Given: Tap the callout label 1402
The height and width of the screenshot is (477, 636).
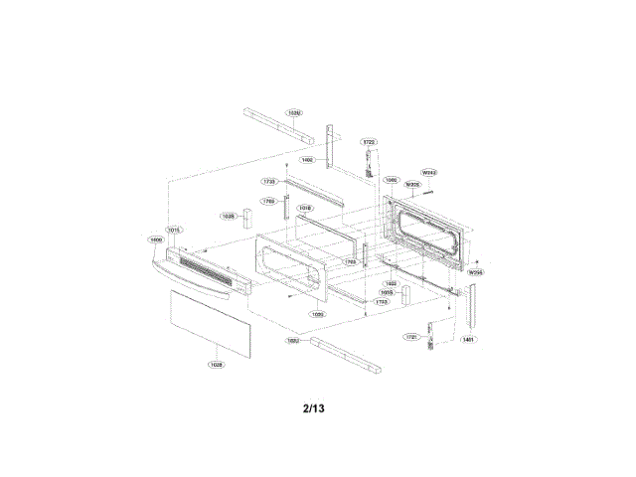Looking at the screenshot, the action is [x=307, y=159].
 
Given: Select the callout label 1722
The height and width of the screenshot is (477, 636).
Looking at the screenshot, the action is [x=368, y=142].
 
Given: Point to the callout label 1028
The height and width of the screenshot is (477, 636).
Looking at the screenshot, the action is [x=216, y=365].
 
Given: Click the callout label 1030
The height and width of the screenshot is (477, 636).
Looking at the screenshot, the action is [x=317, y=313].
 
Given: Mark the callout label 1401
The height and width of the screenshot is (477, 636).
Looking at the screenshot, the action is [x=467, y=339].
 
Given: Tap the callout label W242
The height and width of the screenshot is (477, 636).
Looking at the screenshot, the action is [x=430, y=172].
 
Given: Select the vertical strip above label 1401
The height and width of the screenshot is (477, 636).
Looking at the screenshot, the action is [x=471, y=304].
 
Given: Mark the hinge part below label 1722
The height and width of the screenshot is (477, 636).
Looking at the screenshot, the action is [x=368, y=164].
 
